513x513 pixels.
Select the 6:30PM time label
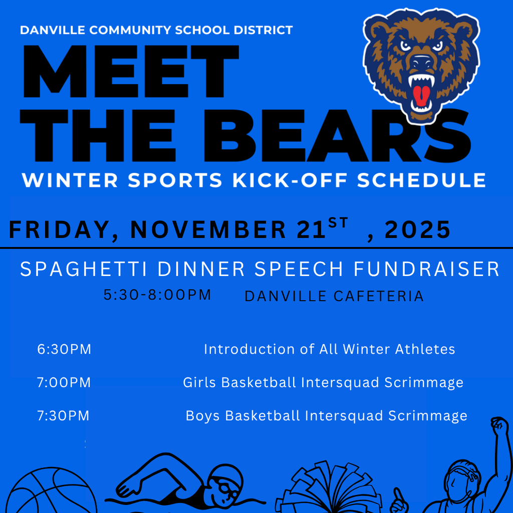64,349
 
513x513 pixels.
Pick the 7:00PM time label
64,383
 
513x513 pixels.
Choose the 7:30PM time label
63,416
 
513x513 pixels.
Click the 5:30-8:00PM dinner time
157,295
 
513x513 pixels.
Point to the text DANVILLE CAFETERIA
334,297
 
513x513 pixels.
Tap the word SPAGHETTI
83,270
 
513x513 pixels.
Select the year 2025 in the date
418,230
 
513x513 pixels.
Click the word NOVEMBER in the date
208,230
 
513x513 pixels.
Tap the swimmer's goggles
224,487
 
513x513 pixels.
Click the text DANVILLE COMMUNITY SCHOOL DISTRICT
156,30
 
